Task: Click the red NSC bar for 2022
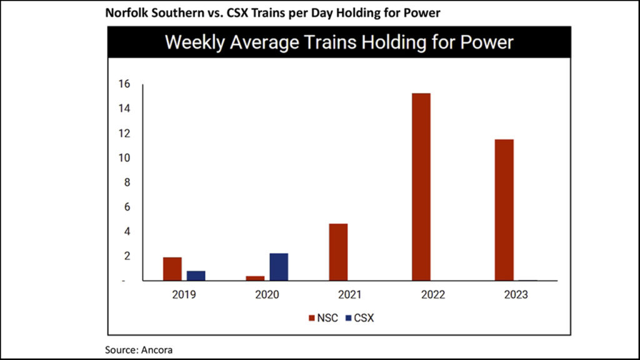tap(421, 187)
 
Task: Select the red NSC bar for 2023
tap(503, 210)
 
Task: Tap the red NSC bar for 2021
tap(338, 252)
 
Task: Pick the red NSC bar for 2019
tap(172, 269)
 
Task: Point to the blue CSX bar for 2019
tap(196, 276)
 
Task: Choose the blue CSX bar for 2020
tap(279, 267)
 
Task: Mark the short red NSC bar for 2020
tap(255, 278)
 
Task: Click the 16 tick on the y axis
tap(124, 84)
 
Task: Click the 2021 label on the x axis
tap(349, 294)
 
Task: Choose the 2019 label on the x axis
tap(184, 294)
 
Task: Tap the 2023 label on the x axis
tap(515, 294)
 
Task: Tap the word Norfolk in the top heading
tap(124, 12)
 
